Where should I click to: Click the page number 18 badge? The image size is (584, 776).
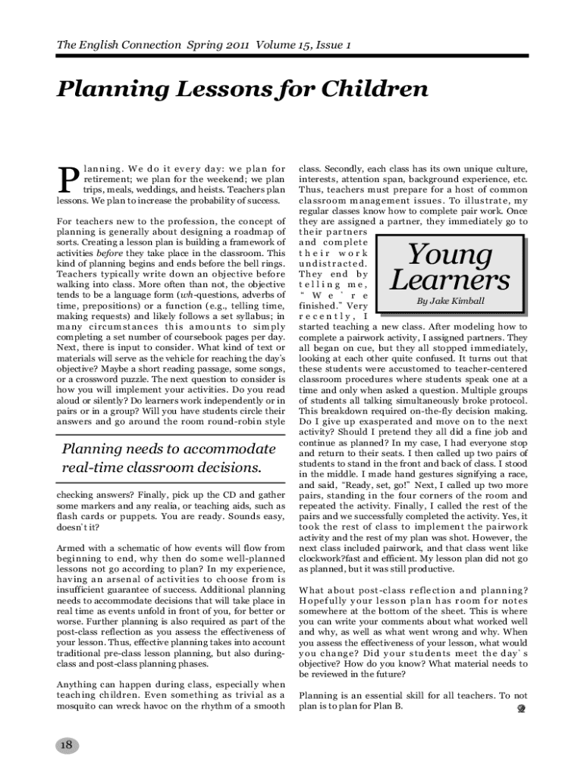pos(66,745)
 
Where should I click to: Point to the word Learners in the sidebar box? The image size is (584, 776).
pos(451,280)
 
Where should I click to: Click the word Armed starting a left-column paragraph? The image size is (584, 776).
pos(74,547)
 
